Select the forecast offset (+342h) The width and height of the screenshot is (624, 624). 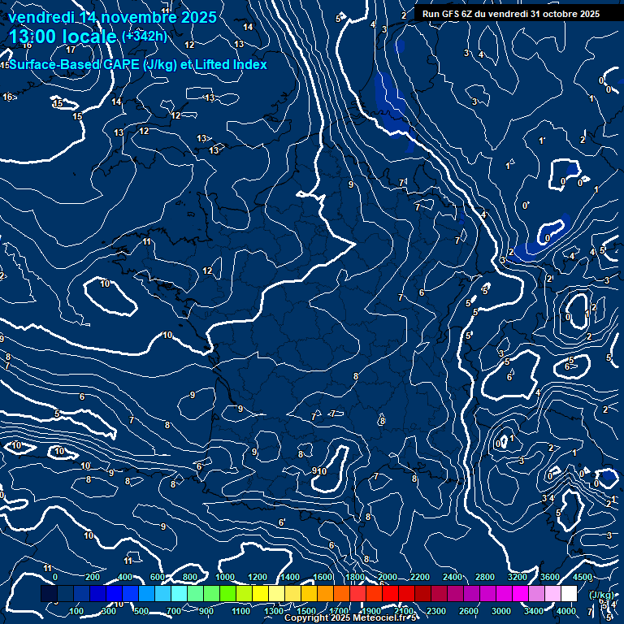coord(144,37)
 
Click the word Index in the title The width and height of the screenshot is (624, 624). coord(249,64)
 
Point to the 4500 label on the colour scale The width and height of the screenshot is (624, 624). coord(583,577)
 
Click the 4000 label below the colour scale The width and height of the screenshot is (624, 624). coord(566,611)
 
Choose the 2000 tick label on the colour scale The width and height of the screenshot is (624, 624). coord(388,577)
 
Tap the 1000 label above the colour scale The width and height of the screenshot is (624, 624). coord(225,577)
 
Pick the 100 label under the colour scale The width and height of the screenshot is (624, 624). coord(77,611)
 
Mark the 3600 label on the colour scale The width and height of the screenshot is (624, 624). coord(550,577)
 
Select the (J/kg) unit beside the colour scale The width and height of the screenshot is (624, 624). coord(602,595)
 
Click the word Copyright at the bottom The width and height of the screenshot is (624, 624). coord(307,618)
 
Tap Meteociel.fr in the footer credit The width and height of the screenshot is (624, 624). coord(379,618)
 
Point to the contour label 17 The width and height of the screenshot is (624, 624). coord(71,72)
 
